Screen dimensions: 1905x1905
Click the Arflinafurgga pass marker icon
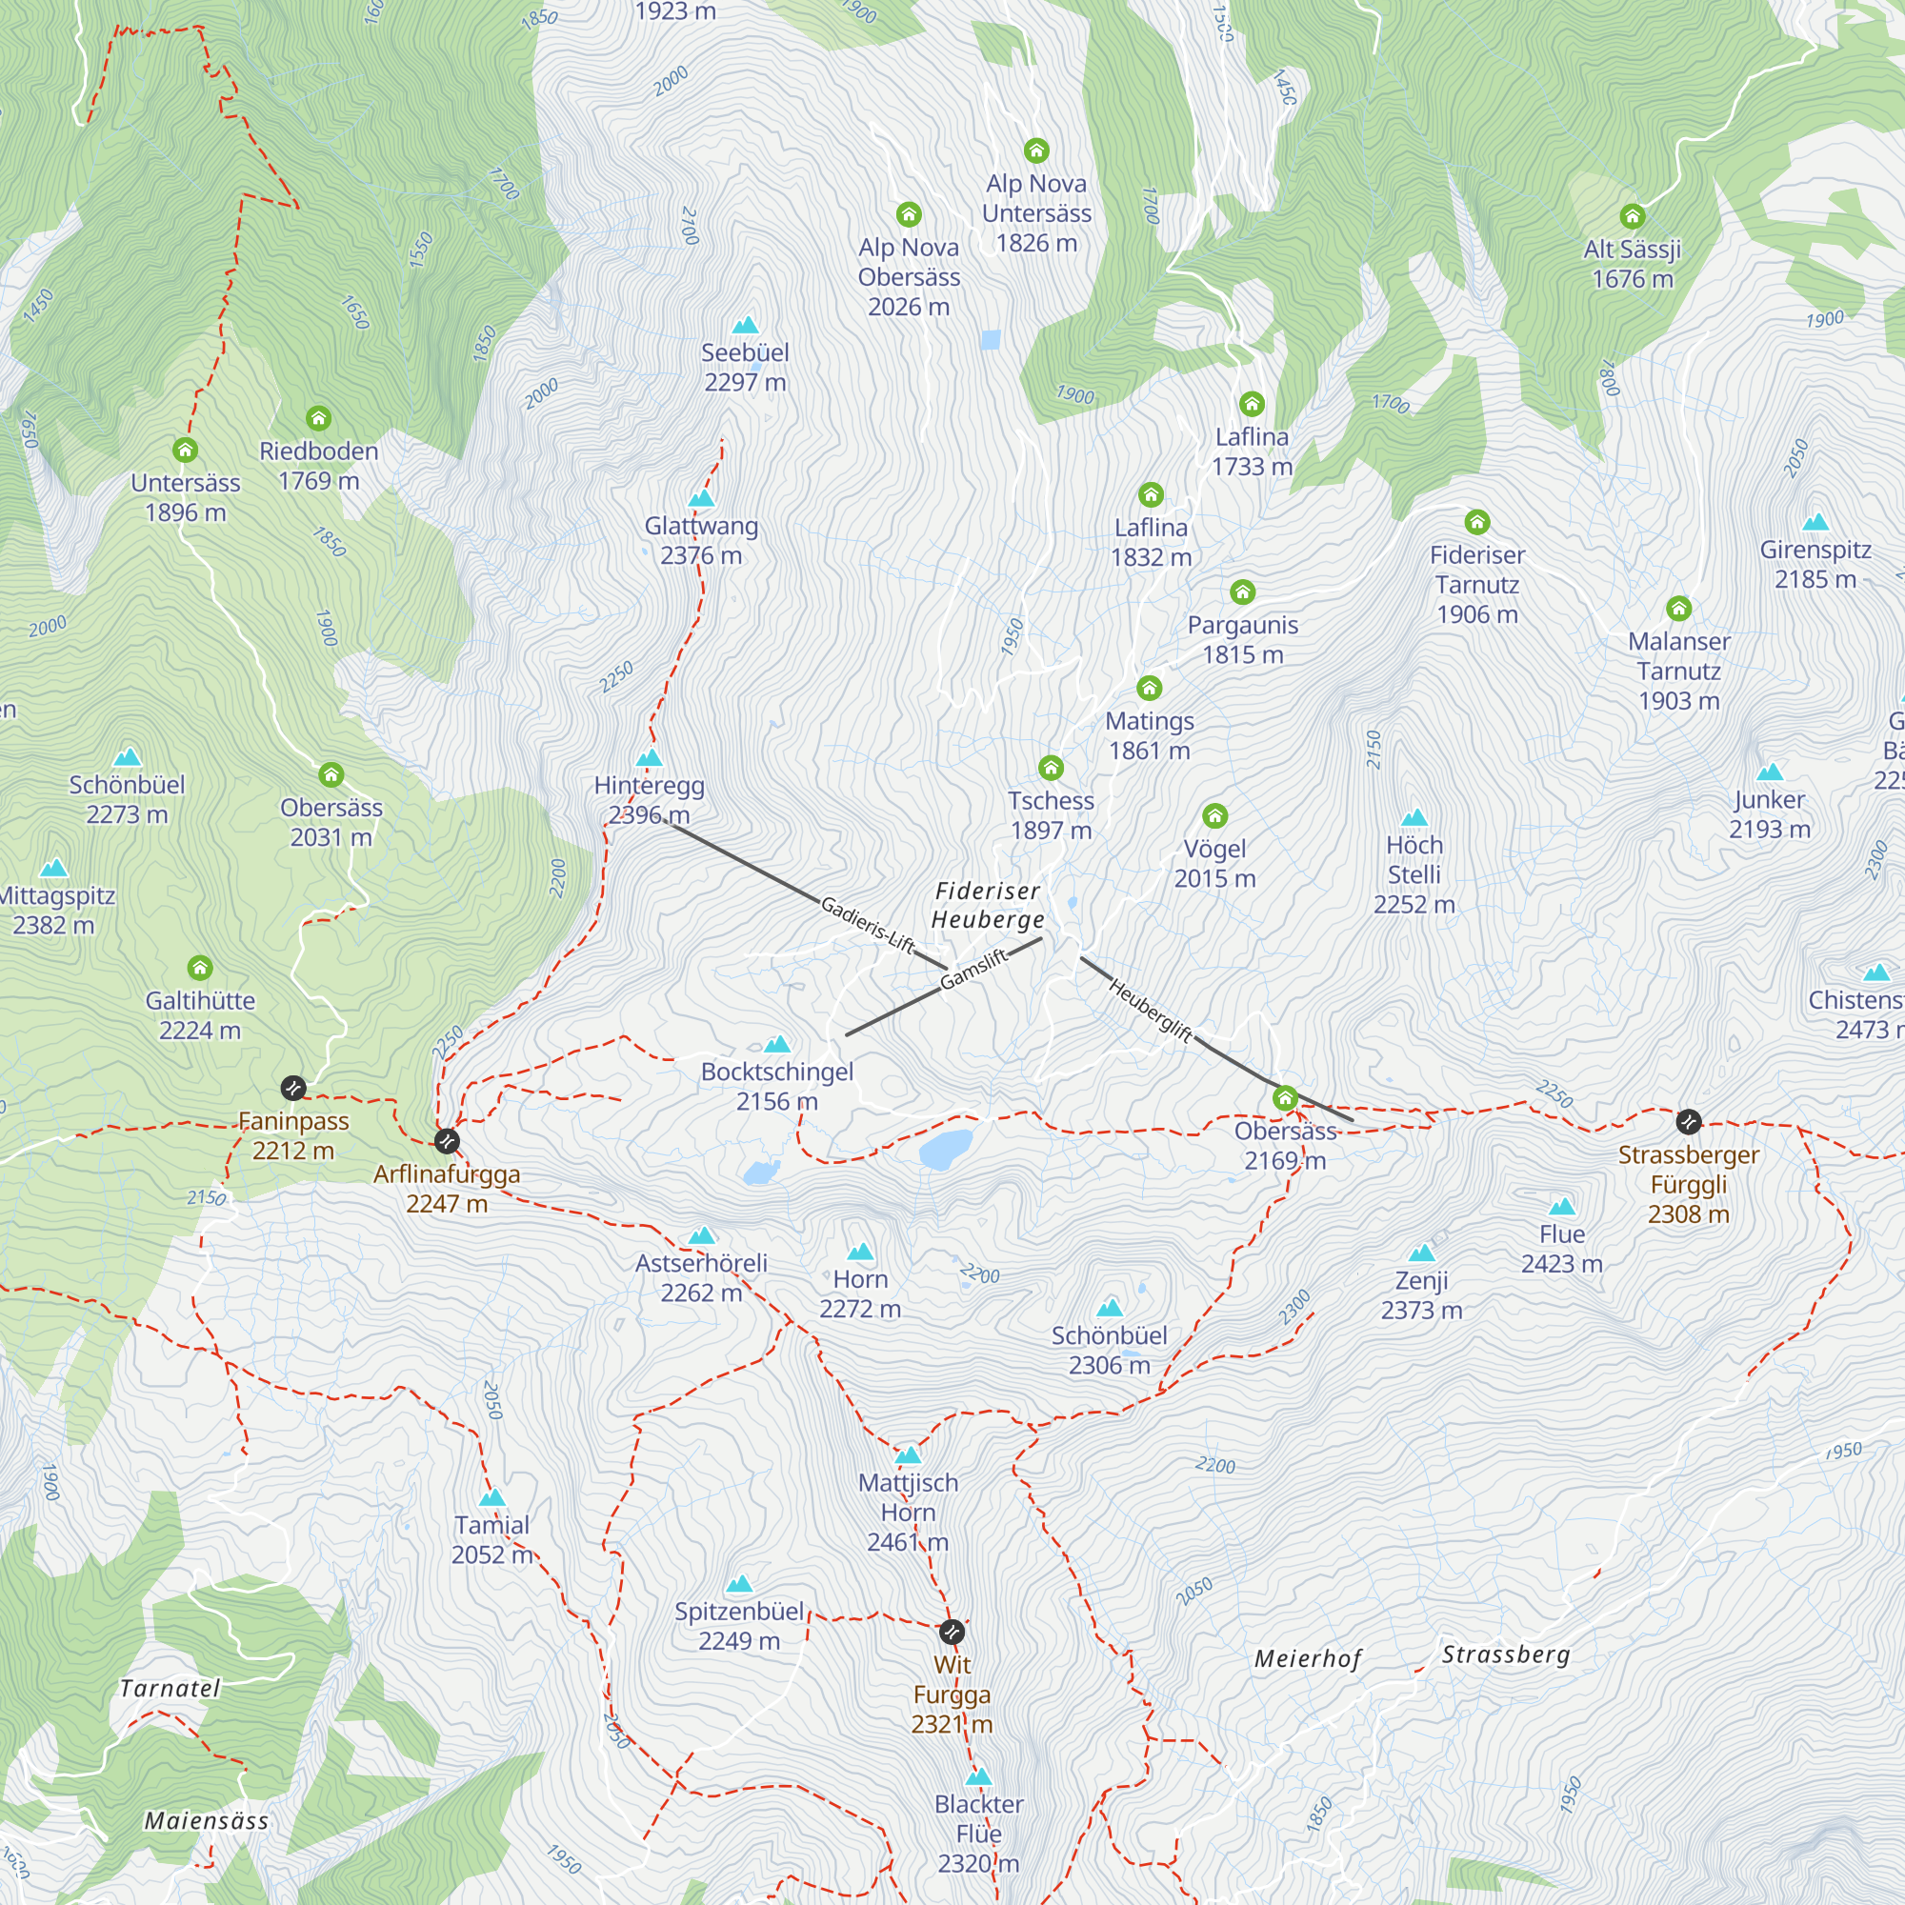[447, 1141]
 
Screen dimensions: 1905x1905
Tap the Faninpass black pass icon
[292, 1088]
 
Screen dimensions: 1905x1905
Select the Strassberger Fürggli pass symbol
[1688, 1121]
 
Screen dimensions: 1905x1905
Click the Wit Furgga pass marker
[951, 1632]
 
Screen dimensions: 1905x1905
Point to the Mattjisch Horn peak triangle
[908, 1455]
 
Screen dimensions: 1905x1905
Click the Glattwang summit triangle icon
[701, 499]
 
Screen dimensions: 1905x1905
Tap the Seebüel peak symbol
[746, 326]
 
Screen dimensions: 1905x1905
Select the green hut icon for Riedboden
[317, 418]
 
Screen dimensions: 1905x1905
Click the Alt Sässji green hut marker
[1632, 216]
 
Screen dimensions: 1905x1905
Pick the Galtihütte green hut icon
[200, 968]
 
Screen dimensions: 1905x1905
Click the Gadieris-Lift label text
[868, 924]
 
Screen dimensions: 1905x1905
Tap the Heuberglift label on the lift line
[1151, 1009]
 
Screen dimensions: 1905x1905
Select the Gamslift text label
[973, 969]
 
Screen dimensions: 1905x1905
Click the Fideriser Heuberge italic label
[988, 905]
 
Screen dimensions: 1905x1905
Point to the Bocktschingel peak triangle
[777, 1044]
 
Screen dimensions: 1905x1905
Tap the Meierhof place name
[1308, 1658]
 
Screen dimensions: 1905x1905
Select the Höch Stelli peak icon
[1414, 817]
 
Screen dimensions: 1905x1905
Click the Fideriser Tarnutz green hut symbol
[1476, 522]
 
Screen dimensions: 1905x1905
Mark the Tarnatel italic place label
[170, 1688]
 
